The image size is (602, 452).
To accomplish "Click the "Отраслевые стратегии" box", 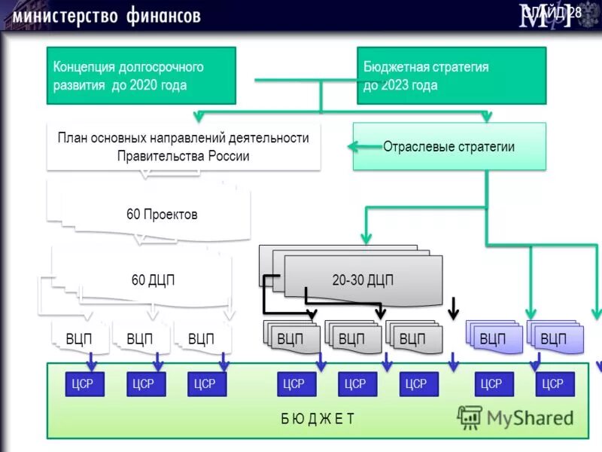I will pos(448,147).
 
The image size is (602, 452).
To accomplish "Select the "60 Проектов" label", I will pos(162,215).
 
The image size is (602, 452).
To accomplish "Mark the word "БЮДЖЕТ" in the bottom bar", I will pos(318,419).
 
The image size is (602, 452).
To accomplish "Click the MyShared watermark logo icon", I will pos(470,417).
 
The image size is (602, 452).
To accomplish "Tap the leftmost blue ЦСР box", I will pos(84,384).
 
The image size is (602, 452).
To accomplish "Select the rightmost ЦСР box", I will pos(554,384).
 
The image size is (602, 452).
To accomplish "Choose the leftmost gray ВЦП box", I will pos(290,339).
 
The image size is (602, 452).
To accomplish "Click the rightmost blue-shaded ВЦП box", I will pos(554,339).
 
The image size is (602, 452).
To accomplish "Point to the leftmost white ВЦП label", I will pos(78,339).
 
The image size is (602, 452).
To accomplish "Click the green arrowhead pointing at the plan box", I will pos(199,117).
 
